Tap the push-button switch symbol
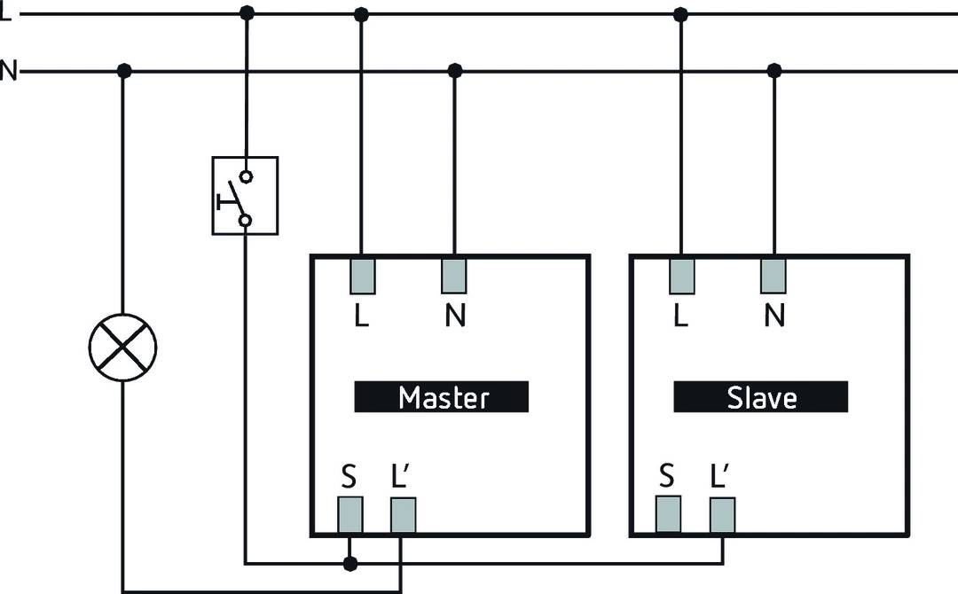245,196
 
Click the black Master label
442,396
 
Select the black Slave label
761,396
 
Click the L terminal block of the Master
362,275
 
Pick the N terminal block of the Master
454,275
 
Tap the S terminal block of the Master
350,514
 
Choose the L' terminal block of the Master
404,514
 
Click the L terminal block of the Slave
681,275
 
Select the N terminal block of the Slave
773,275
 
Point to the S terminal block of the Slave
668,514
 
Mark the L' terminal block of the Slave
722,514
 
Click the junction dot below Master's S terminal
350,563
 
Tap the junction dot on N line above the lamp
124,70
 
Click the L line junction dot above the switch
247,13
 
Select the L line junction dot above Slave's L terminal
681,13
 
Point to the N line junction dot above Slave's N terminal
773,70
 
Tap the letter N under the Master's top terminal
455,317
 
